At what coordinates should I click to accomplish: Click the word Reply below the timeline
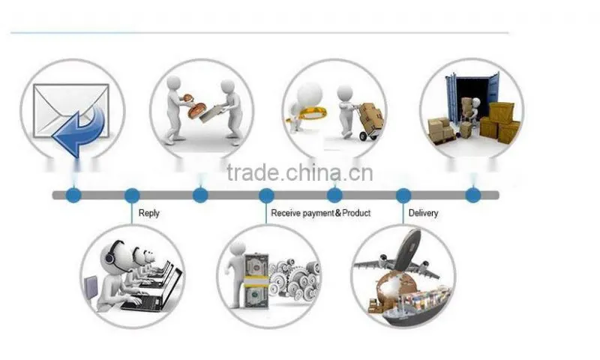click(x=148, y=213)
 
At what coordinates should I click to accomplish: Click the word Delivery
click(x=423, y=213)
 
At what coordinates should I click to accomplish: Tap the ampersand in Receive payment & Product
click(x=338, y=213)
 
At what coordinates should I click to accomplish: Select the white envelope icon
click(x=70, y=110)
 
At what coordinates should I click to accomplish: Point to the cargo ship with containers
click(x=418, y=306)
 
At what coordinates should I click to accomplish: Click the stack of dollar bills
click(x=256, y=281)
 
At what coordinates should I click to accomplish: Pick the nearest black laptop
click(x=151, y=291)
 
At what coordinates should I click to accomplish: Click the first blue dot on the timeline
click(x=73, y=196)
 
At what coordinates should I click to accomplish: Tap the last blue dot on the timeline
click(x=473, y=196)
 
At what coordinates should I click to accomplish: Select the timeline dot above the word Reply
click(x=132, y=196)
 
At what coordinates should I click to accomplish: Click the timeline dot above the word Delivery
click(x=403, y=196)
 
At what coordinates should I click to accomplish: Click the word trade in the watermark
click(x=253, y=173)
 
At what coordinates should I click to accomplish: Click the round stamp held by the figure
click(x=196, y=109)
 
